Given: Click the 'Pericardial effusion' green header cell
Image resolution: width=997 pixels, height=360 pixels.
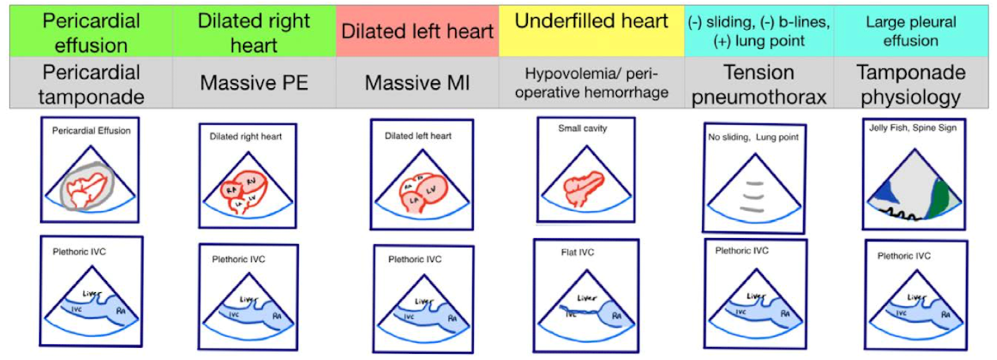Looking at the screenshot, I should [x=91, y=32].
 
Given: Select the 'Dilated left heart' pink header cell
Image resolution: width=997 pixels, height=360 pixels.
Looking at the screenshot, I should [x=417, y=31].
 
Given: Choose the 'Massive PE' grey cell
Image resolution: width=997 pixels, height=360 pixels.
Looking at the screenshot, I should [x=254, y=83].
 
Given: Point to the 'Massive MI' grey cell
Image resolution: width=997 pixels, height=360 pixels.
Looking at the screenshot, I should [x=417, y=83].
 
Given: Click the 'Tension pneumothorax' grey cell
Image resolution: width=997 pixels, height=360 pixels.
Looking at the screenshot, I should [x=759, y=84].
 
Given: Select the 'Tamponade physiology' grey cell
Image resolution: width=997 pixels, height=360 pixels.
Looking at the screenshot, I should [x=911, y=84].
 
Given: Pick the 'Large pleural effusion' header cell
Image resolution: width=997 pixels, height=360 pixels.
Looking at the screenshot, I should [x=911, y=31].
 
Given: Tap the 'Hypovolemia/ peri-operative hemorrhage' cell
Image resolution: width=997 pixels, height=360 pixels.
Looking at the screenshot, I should [x=591, y=83].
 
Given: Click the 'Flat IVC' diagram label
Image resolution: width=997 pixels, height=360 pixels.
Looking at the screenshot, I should [x=577, y=253].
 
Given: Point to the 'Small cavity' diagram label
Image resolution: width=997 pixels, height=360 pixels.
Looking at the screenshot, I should [x=582, y=129].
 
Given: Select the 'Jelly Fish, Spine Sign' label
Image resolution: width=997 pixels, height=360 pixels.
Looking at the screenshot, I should [x=913, y=128].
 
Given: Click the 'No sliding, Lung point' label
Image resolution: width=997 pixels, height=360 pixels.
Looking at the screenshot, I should [x=753, y=138].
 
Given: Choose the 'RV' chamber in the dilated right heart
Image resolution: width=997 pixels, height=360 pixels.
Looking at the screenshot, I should [x=251, y=182].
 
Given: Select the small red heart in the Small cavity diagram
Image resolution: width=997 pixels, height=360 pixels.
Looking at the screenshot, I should [x=583, y=187].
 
